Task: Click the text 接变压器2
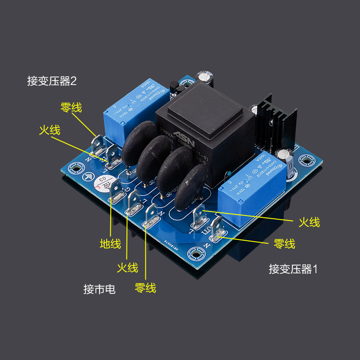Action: click(x=52, y=81)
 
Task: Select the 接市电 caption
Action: click(x=99, y=289)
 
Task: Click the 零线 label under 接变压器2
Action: click(x=71, y=108)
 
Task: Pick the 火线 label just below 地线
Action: click(x=127, y=267)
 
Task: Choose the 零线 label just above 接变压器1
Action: click(x=284, y=244)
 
